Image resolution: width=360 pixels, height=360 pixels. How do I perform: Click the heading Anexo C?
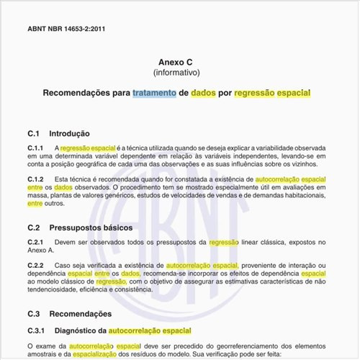point(177,63)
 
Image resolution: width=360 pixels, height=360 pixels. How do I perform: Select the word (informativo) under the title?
point(177,73)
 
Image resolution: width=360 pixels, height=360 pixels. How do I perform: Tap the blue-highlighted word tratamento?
point(154,94)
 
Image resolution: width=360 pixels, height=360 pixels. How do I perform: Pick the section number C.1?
point(34,133)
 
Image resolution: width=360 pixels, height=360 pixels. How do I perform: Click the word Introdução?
point(69,133)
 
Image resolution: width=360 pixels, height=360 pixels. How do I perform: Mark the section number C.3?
point(34,314)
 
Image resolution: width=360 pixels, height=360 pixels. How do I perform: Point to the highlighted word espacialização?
point(101,355)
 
